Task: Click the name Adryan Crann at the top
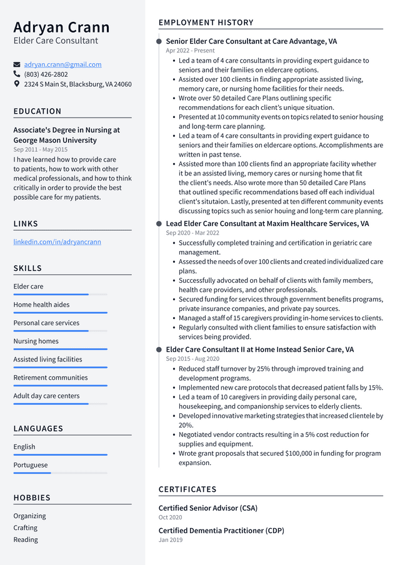tap(61, 27)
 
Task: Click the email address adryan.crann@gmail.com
tap(62, 64)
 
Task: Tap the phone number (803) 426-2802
tap(46, 74)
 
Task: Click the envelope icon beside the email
tap(17, 64)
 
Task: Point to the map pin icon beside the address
tap(17, 84)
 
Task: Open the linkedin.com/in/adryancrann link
tap(57, 242)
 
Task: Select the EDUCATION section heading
tap(37, 111)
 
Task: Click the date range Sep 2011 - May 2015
tap(41, 150)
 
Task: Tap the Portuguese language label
tap(31, 465)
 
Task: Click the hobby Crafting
tap(26, 528)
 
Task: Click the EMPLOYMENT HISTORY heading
tap(206, 22)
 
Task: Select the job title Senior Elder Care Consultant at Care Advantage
tap(251, 41)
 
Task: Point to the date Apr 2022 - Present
tap(190, 51)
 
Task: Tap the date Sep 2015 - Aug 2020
tap(192, 359)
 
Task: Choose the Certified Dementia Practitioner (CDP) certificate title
tap(221, 531)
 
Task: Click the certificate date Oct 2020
tap(170, 518)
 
